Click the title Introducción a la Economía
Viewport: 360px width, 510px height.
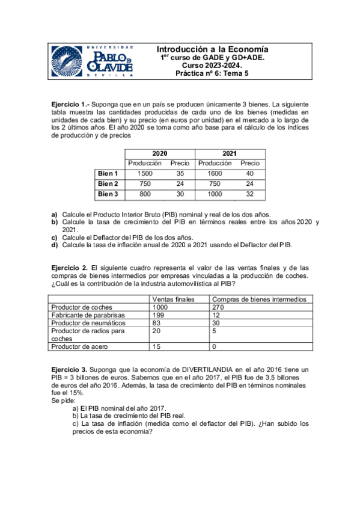pos(212,49)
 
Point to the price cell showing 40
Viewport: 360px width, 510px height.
pos(250,174)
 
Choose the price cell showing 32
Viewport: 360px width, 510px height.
pos(250,194)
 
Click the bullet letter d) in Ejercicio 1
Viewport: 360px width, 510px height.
pos(55,245)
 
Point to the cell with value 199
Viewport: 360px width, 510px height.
pos(159,315)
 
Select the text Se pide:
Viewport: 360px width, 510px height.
pos(64,400)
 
